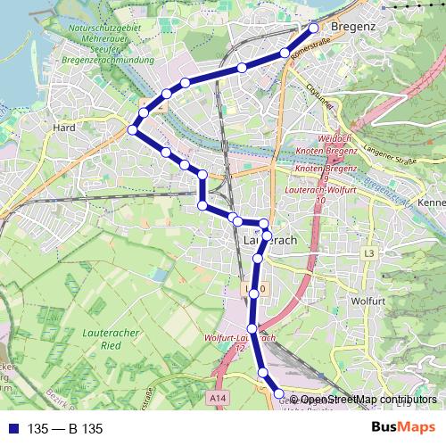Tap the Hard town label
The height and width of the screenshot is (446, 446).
point(65,128)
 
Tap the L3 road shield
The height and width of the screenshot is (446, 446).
point(369,254)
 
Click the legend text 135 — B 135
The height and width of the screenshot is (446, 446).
point(66,428)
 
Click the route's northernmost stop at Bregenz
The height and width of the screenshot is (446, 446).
point(314,27)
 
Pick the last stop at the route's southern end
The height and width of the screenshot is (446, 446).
point(278,393)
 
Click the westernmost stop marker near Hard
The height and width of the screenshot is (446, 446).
point(133,130)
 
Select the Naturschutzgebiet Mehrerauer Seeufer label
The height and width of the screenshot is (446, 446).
point(105,40)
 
